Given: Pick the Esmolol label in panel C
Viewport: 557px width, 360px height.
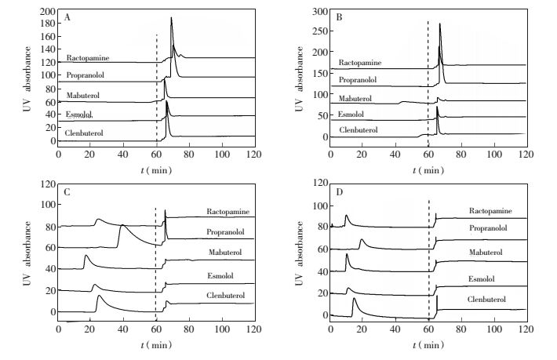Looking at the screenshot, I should pos(224,275).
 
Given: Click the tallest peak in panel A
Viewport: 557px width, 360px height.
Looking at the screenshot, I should pos(171,19).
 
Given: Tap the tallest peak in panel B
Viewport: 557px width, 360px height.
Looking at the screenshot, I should pos(439,24).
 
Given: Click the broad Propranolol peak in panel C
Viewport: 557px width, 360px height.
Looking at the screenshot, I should pos(122,227).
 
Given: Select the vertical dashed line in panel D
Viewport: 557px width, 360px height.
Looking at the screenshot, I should pos(429,259).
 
